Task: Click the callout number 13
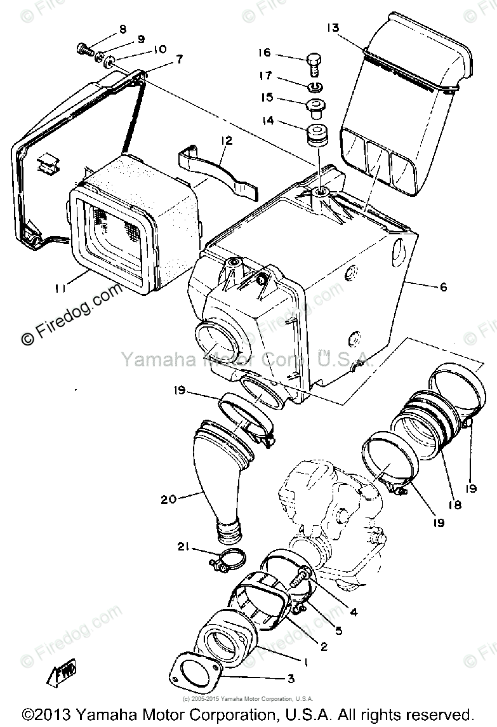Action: pyautogui.click(x=333, y=27)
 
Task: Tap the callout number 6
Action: pyautogui.click(x=442, y=287)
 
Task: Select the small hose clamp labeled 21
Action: pyautogui.click(x=226, y=560)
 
